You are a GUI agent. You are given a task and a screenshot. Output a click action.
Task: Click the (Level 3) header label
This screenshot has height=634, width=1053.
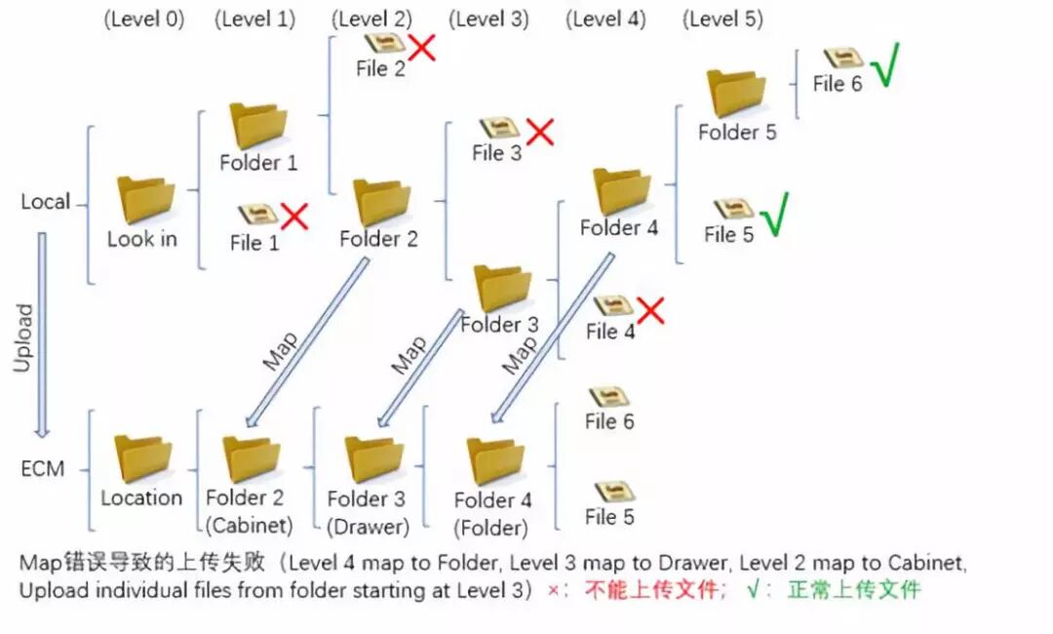click(x=488, y=19)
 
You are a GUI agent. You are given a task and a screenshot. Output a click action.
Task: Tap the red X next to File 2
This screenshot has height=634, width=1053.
click(x=421, y=46)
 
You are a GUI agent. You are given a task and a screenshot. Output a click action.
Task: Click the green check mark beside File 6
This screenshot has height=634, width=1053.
click(x=884, y=67)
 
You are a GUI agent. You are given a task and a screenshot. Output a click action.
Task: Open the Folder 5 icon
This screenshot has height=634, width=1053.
click(x=736, y=94)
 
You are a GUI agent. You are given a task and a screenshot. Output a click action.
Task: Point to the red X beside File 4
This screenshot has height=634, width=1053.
click(x=650, y=310)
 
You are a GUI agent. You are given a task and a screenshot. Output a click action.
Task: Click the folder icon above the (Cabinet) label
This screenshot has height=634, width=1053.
click(x=251, y=458)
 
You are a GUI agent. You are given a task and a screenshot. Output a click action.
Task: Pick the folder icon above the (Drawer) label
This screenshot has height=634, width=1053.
click(x=373, y=459)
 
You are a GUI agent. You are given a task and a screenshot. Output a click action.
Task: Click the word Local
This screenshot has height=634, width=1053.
click(x=46, y=202)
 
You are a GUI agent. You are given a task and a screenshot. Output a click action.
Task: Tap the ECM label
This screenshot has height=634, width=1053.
click(x=43, y=469)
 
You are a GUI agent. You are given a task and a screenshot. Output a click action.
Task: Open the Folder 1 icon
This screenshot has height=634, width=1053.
click(x=258, y=126)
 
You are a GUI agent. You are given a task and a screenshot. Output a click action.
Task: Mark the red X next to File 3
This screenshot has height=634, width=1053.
click(x=539, y=132)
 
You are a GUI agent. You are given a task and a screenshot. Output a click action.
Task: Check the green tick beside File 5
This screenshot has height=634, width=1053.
click(x=774, y=215)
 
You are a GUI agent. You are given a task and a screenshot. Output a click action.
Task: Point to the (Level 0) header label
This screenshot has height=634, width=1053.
click(x=143, y=19)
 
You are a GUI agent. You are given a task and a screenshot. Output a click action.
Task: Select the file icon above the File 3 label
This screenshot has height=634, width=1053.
click(x=498, y=128)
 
